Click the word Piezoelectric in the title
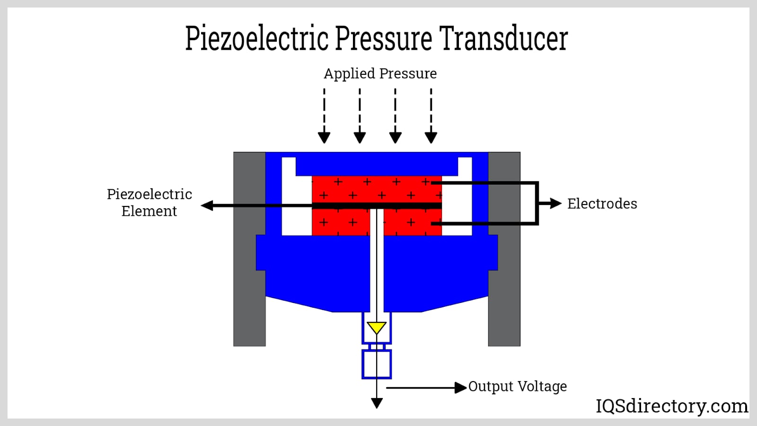point(256,39)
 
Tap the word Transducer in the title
point(503,39)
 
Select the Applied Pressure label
point(380,74)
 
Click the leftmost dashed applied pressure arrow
point(324,116)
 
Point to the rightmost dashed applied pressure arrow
point(431,116)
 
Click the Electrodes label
point(602,204)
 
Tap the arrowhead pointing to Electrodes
point(555,204)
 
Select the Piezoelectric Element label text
point(149,203)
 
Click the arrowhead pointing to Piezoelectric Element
point(207,205)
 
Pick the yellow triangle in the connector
point(377,327)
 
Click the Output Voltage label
point(518,387)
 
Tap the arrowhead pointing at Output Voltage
point(460,388)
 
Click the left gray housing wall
point(249,249)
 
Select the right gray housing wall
point(504,249)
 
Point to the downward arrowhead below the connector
point(377,403)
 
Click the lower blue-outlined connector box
point(377,364)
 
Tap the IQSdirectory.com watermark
point(671,406)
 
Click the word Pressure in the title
point(384,39)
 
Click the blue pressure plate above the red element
point(377,165)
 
